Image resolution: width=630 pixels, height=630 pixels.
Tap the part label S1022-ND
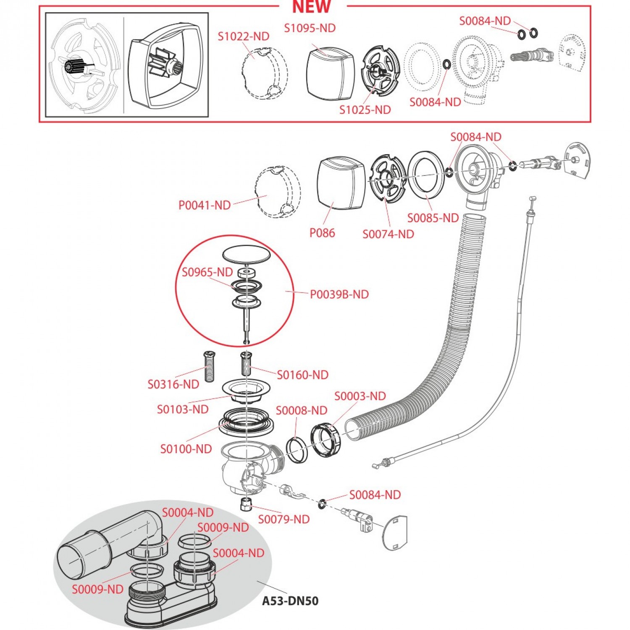[243, 37]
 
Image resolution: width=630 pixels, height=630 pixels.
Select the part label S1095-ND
[310, 28]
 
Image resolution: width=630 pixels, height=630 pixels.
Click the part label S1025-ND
[365, 110]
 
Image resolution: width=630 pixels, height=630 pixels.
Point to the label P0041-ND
[205, 205]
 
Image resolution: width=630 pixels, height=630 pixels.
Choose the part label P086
[322, 233]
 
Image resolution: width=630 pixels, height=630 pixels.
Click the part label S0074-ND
[388, 234]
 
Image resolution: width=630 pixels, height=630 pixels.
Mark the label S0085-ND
[433, 218]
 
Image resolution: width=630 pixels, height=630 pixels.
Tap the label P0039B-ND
[339, 294]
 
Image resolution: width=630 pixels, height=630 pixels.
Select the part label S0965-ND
[207, 272]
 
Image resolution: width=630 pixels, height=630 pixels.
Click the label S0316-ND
[173, 384]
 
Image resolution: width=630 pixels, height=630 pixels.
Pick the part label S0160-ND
[302, 375]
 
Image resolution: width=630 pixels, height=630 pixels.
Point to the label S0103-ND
[183, 409]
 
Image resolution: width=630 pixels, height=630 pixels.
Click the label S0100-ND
[186, 449]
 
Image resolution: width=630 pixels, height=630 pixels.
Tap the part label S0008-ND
[301, 411]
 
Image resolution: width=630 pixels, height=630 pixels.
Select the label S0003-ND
[360, 396]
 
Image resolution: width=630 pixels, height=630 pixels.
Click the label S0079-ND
[283, 520]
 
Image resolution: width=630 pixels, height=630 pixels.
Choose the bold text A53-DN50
[290, 601]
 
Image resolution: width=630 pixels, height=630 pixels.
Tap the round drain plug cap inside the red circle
[246, 254]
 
